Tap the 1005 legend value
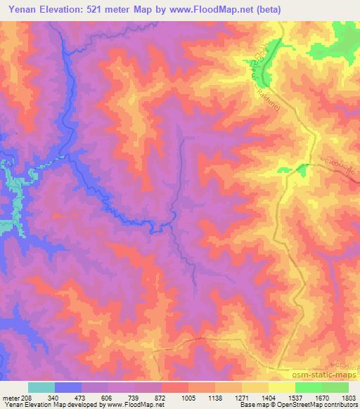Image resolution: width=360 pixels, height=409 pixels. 189,397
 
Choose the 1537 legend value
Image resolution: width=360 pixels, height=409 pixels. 296,397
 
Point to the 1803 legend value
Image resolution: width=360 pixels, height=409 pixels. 349,397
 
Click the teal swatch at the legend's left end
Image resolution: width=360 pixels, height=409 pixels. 41,387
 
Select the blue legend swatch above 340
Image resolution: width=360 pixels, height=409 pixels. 68,387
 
